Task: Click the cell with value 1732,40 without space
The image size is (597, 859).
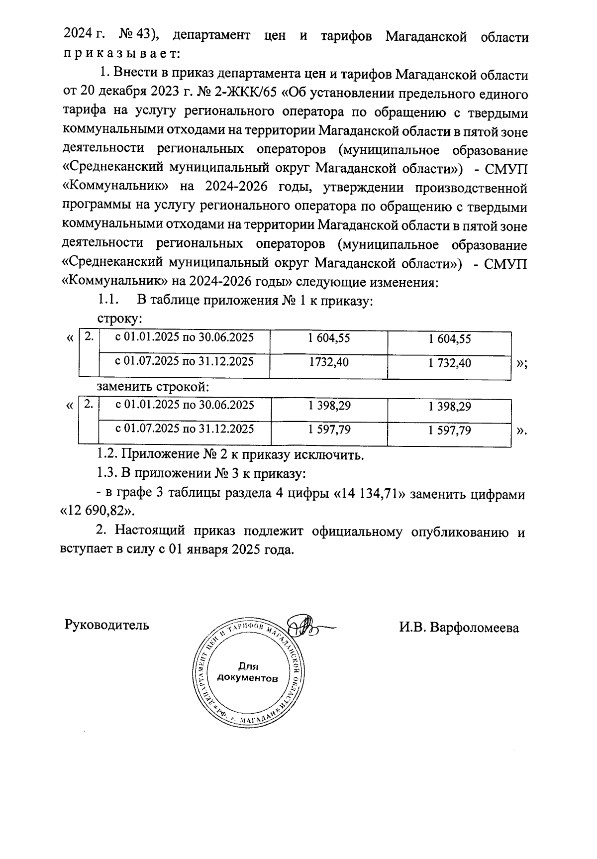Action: (328, 362)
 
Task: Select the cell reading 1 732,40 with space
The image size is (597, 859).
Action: (449, 363)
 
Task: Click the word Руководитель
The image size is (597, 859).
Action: (106, 625)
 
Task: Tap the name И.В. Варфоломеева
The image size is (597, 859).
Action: (459, 627)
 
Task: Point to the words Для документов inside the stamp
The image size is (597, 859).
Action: (247, 672)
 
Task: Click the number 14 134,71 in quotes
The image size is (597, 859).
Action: (367, 494)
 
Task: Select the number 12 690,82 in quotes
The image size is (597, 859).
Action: (97, 511)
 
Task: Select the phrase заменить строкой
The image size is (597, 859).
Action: (152, 386)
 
